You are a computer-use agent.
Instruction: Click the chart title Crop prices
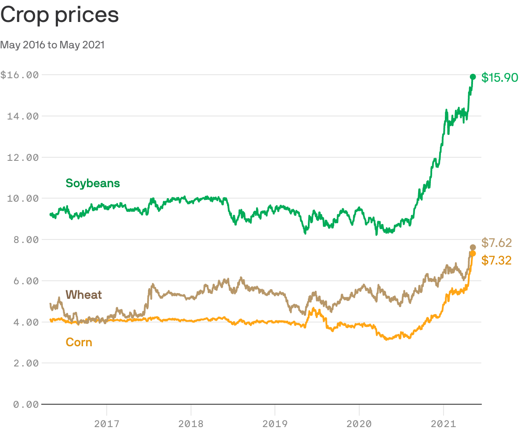pos(60,15)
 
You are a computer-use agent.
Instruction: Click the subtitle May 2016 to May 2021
pos(52,45)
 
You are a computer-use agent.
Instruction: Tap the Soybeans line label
pos(93,183)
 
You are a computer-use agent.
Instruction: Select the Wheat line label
pos(83,295)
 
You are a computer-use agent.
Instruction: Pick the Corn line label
pos(79,342)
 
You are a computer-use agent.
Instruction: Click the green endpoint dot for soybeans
pos(473,77)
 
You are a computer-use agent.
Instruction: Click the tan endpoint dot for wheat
pos(473,247)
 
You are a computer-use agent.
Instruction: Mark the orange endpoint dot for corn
pos(473,254)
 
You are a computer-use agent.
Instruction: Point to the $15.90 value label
pos(500,78)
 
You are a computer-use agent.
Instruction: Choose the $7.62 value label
pos(497,243)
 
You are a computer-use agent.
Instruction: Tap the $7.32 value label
pos(497,261)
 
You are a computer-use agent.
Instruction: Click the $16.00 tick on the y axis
pos(19,75)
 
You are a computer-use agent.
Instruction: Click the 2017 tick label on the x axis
pos(107,424)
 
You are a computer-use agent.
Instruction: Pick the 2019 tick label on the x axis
pos(275,424)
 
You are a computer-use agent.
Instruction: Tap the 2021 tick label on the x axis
pos(444,424)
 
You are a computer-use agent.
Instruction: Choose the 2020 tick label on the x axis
pos(359,424)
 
